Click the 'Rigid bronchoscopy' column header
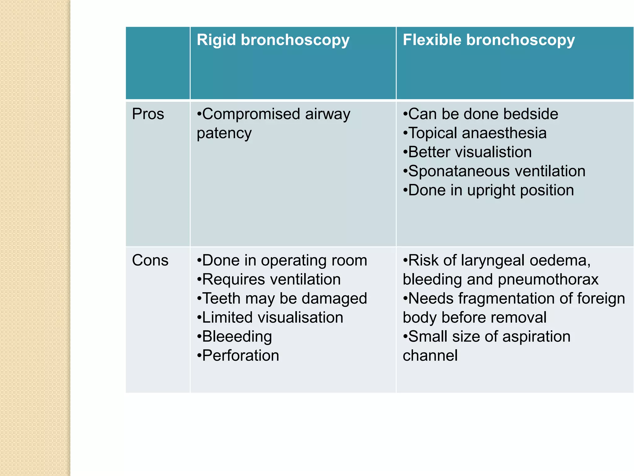pos(273,40)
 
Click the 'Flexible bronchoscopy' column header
pos(489,40)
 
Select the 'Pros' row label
pos(148,114)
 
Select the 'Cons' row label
pos(150,260)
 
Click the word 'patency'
pos(224,133)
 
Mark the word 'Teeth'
pos(221,298)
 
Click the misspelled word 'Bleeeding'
pos(237,337)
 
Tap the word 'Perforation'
pos(241,355)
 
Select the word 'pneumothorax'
pos(548,280)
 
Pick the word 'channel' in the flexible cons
pos(430,355)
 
